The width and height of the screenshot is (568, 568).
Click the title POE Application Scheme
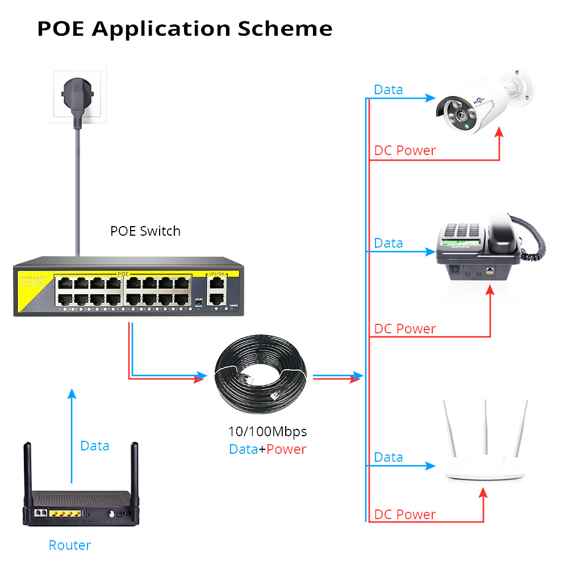185,28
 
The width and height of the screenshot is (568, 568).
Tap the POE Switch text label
145,231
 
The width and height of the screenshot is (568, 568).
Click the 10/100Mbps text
267,432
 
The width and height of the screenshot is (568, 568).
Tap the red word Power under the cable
286,449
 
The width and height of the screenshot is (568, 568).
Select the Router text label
69,545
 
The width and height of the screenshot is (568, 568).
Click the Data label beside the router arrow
94,446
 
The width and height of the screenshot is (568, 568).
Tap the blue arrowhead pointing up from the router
72,394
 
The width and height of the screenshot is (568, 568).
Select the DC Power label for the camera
404,151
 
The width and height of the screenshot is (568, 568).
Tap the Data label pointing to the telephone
389,243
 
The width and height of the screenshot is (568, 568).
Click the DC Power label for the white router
404,515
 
